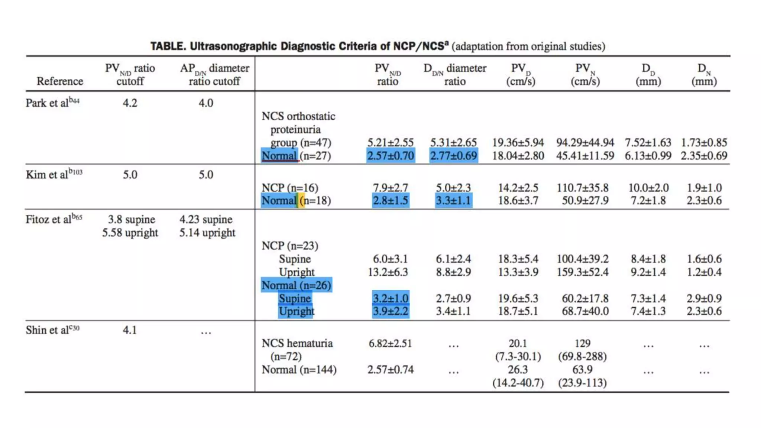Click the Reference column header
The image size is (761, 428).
[60, 81]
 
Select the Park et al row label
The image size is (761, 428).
[52, 103]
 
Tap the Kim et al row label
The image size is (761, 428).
[54, 174]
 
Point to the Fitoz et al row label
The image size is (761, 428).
[54, 219]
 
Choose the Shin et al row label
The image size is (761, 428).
[52, 330]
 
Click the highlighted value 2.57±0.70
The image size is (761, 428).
[391, 156]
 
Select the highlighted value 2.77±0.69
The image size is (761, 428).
[453, 156]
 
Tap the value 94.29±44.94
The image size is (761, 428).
[585, 142]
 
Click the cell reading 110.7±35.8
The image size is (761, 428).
[583, 188]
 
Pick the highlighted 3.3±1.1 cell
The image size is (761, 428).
[453, 201]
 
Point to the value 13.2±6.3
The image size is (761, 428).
[388, 272]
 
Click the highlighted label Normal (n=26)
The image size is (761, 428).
[296, 285]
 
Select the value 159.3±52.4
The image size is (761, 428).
[583, 272]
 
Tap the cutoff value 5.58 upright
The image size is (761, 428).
[130, 233]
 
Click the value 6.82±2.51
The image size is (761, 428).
[390, 343]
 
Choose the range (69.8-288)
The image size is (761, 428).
[582, 356]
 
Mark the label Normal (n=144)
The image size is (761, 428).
[299, 370]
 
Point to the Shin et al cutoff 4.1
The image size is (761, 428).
[130, 330]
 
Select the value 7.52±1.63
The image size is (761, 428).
[648, 142]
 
